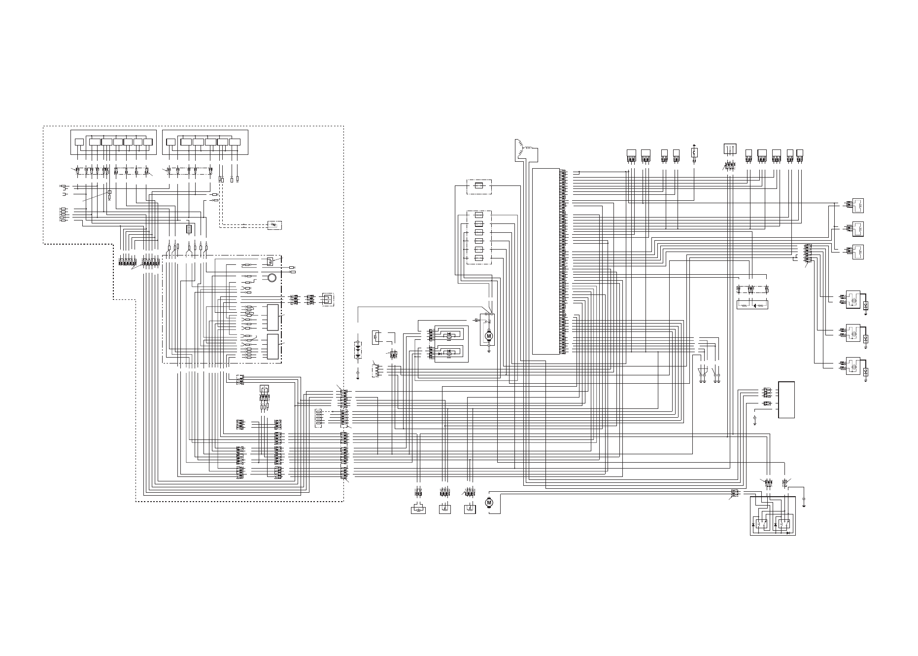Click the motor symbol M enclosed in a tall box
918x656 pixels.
(x=489, y=335)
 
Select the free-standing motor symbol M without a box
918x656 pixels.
(x=489, y=502)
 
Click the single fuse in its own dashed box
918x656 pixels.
(x=479, y=186)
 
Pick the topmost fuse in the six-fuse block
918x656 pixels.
(x=479, y=215)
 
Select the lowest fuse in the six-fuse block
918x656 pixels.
(x=479, y=258)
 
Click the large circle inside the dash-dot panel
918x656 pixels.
(x=271, y=278)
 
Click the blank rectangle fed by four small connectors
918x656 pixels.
(x=786, y=400)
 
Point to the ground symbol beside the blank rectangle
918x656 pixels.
(x=755, y=421)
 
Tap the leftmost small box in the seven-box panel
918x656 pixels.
(x=79, y=142)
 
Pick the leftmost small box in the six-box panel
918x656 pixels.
(x=170, y=142)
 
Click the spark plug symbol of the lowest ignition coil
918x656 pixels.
(x=866, y=371)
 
